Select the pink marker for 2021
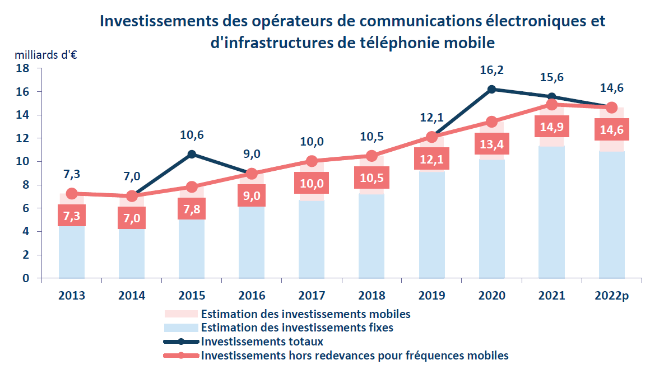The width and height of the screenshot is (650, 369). click(552, 104)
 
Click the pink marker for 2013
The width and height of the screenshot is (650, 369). click(72, 194)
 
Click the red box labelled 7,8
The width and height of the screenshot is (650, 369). click(192, 210)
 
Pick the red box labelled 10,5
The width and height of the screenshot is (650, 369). click(372, 179)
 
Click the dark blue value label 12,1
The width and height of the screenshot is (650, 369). click(431, 118)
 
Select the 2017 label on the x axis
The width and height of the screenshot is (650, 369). click(312, 296)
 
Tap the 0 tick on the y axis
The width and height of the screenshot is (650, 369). click(25, 278)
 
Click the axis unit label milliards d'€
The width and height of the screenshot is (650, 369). click(46, 55)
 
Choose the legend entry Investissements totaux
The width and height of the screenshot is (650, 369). click(261, 341)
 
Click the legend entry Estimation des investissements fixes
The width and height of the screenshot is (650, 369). click(296, 328)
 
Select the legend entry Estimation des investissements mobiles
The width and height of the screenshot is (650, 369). click(305, 314)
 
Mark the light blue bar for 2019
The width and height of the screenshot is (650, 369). click(431, 224)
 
